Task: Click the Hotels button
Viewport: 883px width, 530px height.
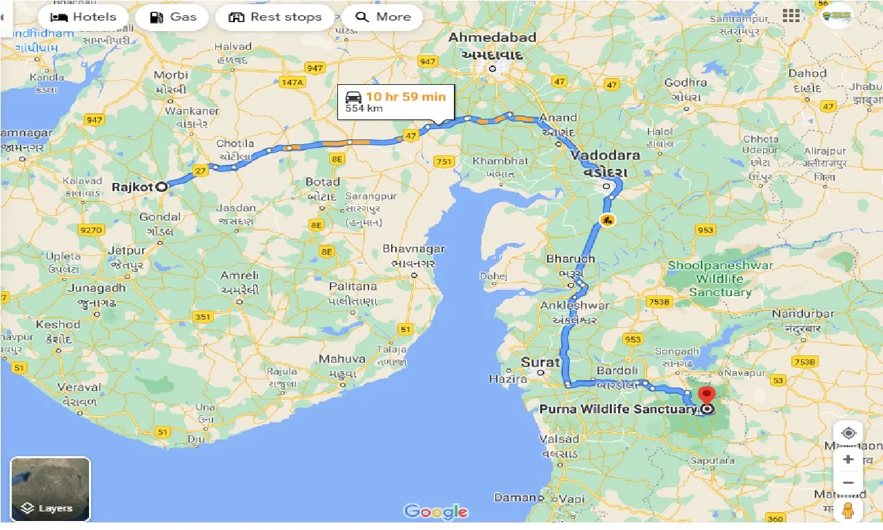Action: [83, 17]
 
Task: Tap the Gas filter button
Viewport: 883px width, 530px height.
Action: [172, 17]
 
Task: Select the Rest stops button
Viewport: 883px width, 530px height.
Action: [275, 17]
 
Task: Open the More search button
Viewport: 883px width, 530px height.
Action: [384, 17]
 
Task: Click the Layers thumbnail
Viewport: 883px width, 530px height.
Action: [50, 489]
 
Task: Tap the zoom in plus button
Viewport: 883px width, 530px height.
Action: [849, 460]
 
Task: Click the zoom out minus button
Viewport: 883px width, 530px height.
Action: [849, 482]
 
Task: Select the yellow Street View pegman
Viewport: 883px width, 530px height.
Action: [849, 511]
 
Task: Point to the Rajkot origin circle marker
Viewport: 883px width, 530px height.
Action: [161, 186]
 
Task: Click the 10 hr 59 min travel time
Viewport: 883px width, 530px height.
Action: [406, 97]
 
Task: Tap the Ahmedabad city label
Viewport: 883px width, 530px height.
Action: [492, 37]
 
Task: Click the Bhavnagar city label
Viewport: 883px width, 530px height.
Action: [414, 249]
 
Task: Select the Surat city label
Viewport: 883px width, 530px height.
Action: [540, 362]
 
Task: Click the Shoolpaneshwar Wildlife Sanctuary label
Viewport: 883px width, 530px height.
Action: [720, 279]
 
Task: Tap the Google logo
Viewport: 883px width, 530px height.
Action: [436, 512]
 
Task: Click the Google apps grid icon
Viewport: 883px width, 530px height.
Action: [791, 16]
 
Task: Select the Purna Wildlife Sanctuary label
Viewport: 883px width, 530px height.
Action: [617, 409]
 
